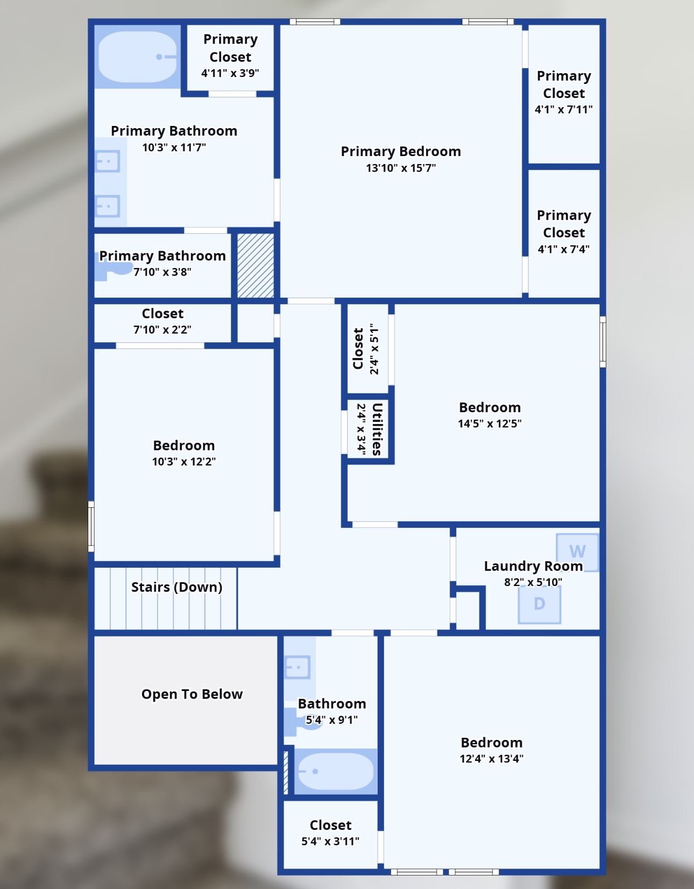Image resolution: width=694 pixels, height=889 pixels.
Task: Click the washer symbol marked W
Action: point(577,552)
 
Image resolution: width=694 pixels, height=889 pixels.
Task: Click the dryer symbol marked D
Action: point(539,604)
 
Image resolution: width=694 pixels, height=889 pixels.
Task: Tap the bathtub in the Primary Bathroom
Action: point(138,57)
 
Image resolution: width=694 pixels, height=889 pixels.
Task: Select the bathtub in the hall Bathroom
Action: point(335,771)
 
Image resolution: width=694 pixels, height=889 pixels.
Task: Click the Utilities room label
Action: point(377,429)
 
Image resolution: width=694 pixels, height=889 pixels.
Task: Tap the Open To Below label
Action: point(192,694)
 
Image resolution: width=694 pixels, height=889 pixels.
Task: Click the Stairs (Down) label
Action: point(176,587)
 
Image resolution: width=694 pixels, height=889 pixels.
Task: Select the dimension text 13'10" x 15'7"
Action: point(401,168)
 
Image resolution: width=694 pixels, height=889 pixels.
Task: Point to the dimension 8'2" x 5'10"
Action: point(533,582)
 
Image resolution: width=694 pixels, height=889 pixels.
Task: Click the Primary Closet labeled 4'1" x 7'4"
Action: point(563,232)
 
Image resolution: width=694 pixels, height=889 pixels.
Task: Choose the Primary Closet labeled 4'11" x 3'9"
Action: point(230,55)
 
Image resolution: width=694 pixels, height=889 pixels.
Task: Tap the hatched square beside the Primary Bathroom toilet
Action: point(256,265)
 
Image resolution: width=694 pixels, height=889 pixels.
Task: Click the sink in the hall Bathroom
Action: point(298,667)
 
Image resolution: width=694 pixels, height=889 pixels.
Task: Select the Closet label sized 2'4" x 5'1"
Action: point(358,349)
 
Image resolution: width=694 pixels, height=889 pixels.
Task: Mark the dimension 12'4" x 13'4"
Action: point(491,759)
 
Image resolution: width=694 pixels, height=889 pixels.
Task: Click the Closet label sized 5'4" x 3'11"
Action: point(330,825)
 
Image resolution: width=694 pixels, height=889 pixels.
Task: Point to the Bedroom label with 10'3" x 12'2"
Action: point(183,446)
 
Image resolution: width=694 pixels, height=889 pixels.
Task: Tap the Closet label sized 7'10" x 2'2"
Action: point(162,314)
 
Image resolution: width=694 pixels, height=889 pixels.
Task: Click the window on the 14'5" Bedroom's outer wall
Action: point(603,342)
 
